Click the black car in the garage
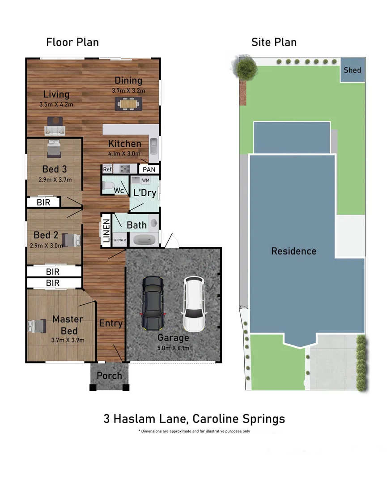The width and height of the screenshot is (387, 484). coord(153,302)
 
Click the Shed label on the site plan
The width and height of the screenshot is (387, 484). coord(352,70)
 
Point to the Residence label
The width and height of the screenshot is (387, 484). coord(293,251)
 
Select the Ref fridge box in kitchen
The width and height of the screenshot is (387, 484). coord(107,169)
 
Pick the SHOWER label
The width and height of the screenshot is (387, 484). coord(119,240)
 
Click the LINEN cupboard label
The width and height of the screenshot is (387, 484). coord(106,231)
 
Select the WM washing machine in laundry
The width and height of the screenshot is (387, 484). coord(146,180)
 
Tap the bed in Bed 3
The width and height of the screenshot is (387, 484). coord(54,149)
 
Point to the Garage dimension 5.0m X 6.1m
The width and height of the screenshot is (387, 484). coord(173,348)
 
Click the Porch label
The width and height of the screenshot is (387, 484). coord(110,376)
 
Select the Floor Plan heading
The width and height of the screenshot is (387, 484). coord(72,42)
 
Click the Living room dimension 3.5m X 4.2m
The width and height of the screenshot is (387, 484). coord(56,105)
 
